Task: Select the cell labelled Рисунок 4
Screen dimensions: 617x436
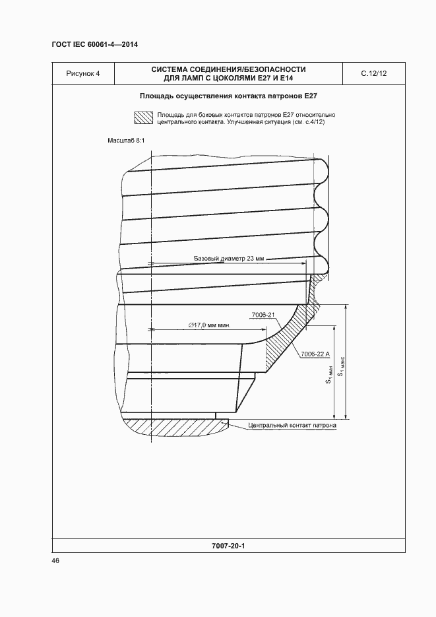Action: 83,73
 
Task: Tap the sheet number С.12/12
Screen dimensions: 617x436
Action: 373,73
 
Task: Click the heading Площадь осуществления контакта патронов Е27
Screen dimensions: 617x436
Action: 228,96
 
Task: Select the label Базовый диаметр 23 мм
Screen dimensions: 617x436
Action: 228,259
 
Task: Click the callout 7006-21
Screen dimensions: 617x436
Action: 263,315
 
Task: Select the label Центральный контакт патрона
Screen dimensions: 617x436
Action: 293,426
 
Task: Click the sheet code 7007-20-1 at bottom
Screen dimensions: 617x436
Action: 228,546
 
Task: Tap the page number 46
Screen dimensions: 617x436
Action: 55,560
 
